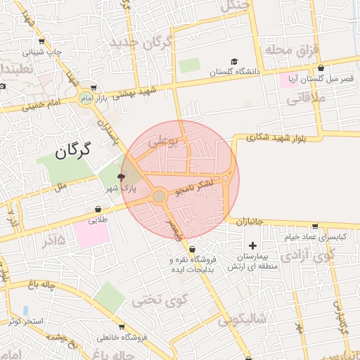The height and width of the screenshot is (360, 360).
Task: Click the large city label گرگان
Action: (x=72, y=149)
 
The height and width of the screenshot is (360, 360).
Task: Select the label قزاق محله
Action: (x=291, y=50)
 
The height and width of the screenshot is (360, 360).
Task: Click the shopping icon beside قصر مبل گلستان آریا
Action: (x=321, y=68)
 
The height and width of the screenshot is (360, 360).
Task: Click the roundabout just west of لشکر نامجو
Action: (x=159, y=196)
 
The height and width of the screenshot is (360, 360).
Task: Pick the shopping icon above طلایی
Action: (x=98, y=210)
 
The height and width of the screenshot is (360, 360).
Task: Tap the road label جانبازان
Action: (x=249, y=221)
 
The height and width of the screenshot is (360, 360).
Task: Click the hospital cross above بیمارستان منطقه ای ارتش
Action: (x=252, y=245)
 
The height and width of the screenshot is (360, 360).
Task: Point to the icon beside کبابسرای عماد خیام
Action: (x=314, y=226)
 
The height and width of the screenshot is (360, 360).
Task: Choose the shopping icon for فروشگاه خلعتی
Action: (x=125, y=327)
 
